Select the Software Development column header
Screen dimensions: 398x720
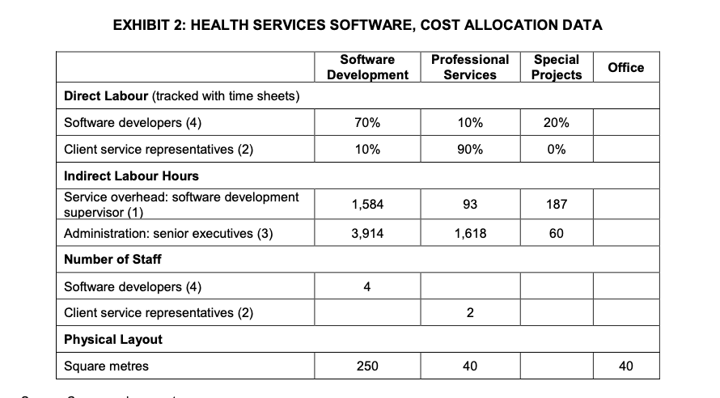367,67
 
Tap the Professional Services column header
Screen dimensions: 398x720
470,67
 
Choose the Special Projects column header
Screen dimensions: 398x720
557,67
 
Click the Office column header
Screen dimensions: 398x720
625,67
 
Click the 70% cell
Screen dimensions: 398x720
367,123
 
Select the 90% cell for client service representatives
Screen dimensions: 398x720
470,150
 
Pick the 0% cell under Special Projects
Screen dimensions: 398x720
557,150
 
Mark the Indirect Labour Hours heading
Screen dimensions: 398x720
131,176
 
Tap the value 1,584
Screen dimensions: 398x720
367,205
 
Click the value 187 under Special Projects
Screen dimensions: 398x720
557,205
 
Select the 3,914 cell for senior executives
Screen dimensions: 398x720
367,234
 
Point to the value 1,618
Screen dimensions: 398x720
470,234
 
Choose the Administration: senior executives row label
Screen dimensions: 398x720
168,234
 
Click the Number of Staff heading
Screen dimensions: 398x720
112,260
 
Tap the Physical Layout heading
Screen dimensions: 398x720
112,340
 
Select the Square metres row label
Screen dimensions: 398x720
106,366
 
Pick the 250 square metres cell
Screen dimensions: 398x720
367,366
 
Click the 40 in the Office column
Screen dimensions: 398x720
625,366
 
